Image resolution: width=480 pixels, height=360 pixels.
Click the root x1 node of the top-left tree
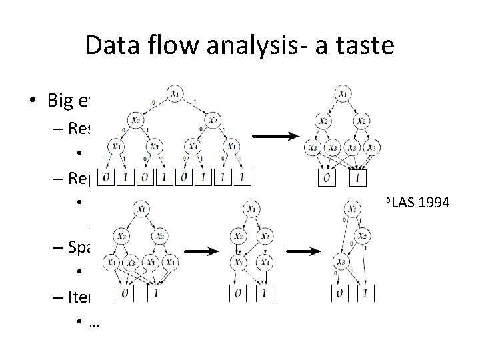tap(175, 95)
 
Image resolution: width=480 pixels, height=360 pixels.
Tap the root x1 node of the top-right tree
tap(342, 95)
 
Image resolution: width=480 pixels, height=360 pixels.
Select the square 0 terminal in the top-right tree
tap(326, 178)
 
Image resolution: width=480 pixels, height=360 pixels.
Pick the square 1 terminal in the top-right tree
tap(358, 178)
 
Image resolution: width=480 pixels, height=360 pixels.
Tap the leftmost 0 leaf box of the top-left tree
tap(105, 178)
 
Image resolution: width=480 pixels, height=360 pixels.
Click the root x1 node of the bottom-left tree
tap(143, 209)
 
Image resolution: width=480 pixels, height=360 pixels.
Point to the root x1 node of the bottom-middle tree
tap(251, 210)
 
